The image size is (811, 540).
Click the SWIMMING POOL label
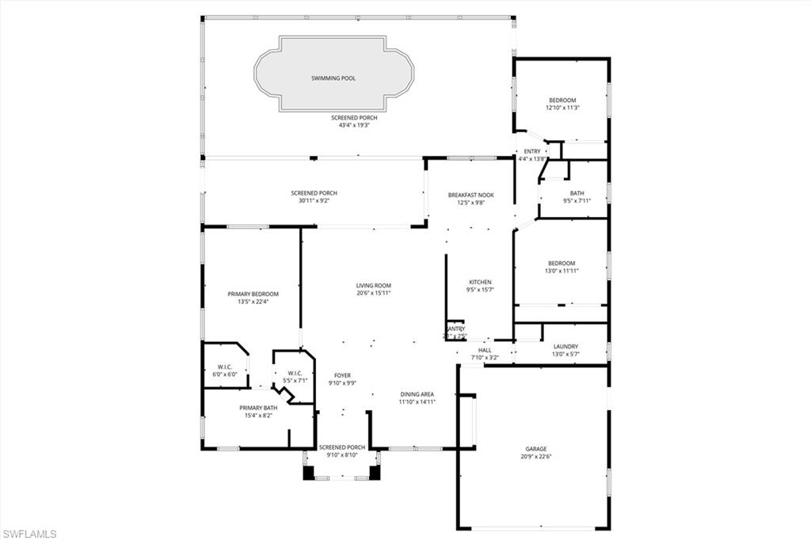click(x=333, y=78)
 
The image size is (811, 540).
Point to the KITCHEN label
click(x=480, y=282)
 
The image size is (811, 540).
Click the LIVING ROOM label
click(x=373, y=286)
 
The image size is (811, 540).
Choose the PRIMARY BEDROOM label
click(x=253, y=294)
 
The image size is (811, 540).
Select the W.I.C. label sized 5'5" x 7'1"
click(x=295, y=373)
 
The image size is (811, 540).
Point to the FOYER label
click(x=342, y=375)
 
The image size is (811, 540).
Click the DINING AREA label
click(x=417, y=394)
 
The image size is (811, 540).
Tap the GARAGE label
click(x=535, y=448)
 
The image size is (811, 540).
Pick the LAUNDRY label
click(x=565, y=346)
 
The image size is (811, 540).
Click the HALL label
click(x=485, y=349)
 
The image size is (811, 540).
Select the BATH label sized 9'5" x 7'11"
click(x=577, y=193)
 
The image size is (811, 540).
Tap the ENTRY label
click(x=532, y=151)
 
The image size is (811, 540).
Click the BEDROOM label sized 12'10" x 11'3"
click(x=562, y=100)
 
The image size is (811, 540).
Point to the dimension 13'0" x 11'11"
click(x=562, y=271)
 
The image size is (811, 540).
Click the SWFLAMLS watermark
click(x=29, y=533)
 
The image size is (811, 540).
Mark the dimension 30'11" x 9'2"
click(x=314, y=200)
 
